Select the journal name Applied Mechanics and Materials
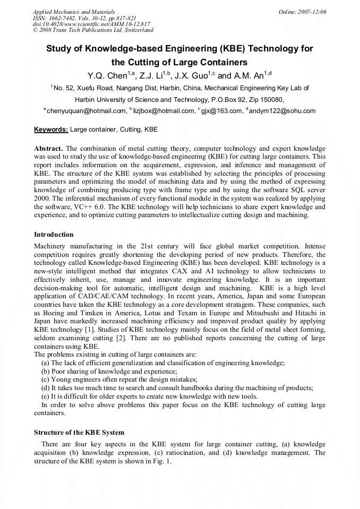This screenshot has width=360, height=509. (74, 11)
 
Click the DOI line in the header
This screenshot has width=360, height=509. (91, 24)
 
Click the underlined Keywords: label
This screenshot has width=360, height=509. (51, 130)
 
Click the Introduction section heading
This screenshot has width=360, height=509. (54, 234)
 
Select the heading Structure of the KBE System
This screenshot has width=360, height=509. (79, 433)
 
